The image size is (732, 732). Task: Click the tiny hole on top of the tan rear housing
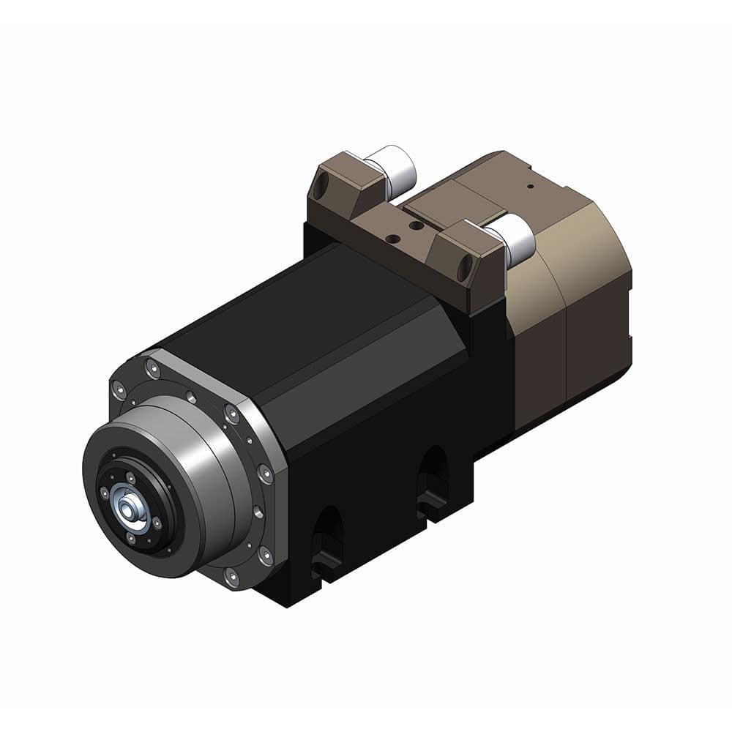coord(531,186)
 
